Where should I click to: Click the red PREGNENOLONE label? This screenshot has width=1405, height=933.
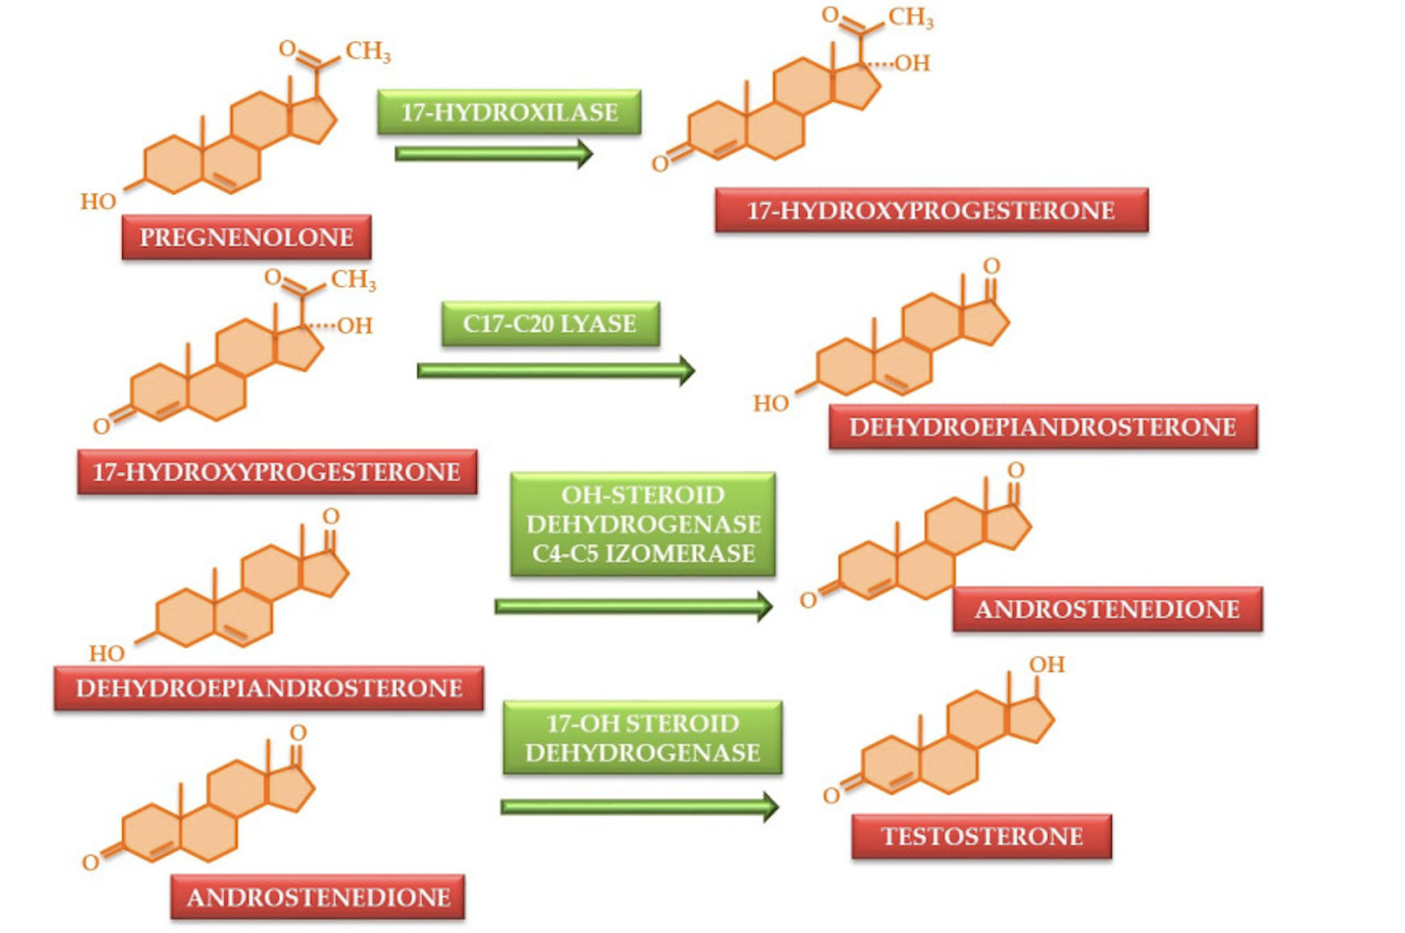pyautogui.click(x=246, y=237)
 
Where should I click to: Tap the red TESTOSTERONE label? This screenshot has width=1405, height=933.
pyautogui.click(x=981, y=836)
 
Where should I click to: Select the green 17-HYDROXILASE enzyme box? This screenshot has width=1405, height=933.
pyautogui.click(x=509, y=112)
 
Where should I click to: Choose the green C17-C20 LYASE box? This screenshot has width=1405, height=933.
pyautogui.click(x=550, y=323)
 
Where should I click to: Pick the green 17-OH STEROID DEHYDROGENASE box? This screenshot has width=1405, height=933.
pyautogui.click(x=642, y=738)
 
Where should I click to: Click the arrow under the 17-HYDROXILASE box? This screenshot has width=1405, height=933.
pyautogui.click(x=493, y=154)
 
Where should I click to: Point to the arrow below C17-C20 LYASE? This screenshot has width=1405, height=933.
pyautogui.click(x=555, y=371)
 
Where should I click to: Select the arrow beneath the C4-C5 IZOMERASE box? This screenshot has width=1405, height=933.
pyautogui.click(x=633, y=606)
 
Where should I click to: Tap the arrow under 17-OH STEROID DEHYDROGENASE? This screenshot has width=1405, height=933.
pyautogui.click(x=639, y=806)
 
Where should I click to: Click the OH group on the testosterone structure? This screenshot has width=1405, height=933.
pyautogui.click(x=1047, y=664)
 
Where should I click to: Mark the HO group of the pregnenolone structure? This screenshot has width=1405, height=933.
pyautogui.click(x=98, y=201)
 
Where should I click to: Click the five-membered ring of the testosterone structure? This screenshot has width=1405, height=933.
pyautogui.click(x=1030, y=719)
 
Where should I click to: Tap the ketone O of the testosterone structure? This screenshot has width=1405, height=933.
pyautogui.click(x=831, y=795)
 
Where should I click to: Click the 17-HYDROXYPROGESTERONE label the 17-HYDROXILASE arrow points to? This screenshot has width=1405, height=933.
pyautogui.click(x=931, y=211)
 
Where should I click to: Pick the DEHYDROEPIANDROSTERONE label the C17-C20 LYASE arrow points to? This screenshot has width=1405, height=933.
pyautogui.click(x=1042, y=427)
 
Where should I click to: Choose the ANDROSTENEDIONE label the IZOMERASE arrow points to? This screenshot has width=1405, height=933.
pyautogui.click(x=1107, y=610)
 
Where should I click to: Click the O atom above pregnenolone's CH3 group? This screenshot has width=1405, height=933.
pyautogui.click(x=287, y=48)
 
